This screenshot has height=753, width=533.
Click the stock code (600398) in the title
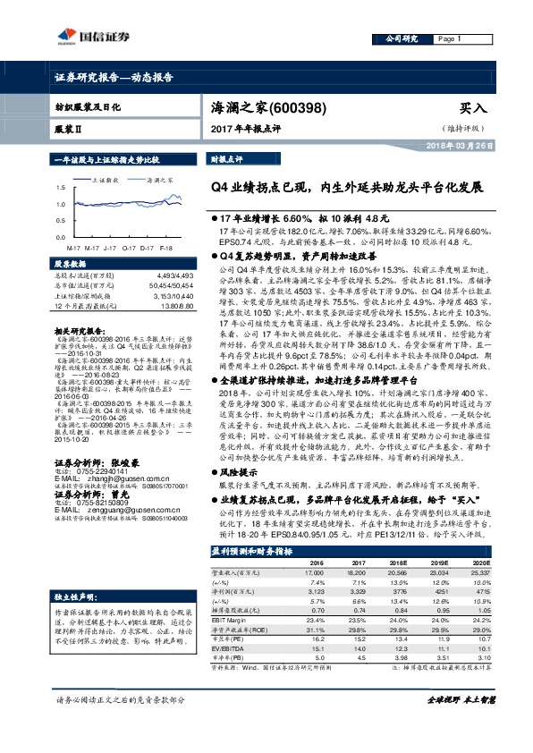pyautogui.click(x=309, y=106)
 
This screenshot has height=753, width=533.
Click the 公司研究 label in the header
pyautogui.click(x=402, y=39)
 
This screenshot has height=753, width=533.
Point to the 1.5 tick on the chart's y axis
pyautogui.click(x=60, y=188)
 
